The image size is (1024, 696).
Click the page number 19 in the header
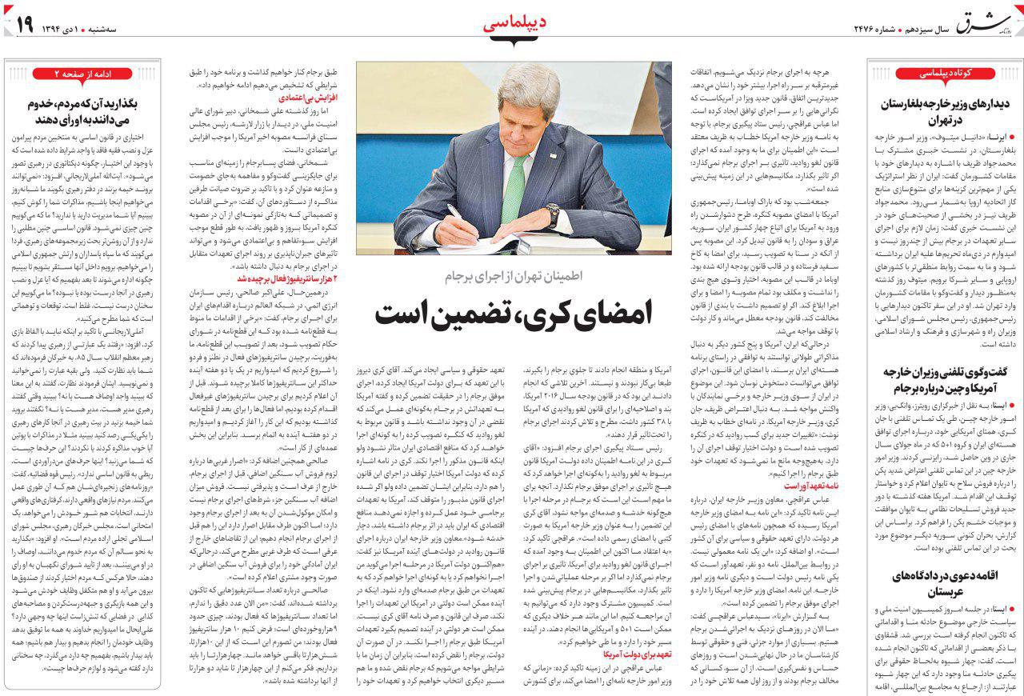click(23, 25)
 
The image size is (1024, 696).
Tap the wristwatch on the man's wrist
click(553, 215)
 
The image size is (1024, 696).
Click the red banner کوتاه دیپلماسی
click(944, 74)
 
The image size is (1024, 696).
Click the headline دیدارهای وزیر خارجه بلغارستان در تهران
click(944, 114)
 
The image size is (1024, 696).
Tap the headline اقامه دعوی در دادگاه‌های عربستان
click(944, 584)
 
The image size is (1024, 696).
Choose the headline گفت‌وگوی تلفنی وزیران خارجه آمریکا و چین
click(944, 380)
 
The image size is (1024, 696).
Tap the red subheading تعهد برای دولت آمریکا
click(631, 654)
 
